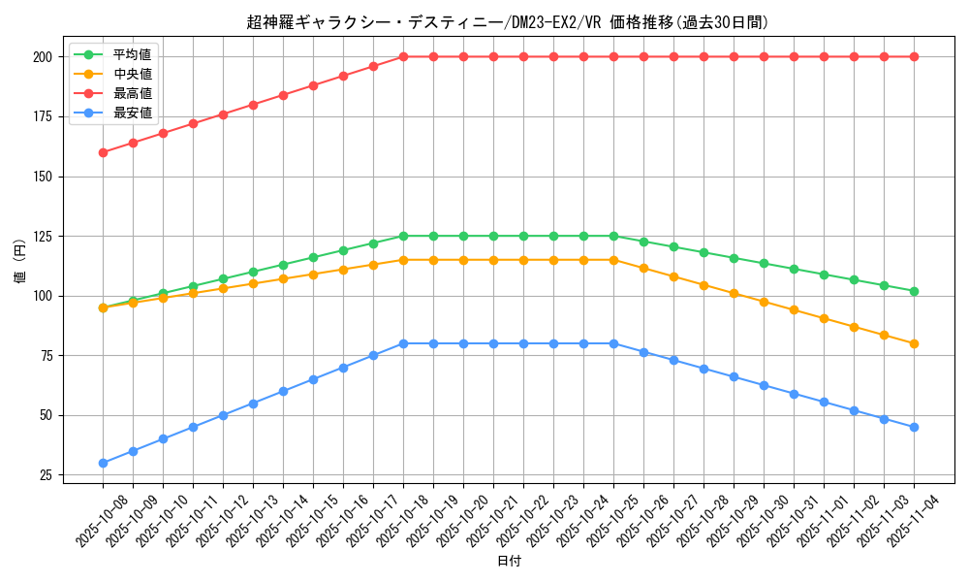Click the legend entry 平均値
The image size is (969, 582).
(x=133, y=54)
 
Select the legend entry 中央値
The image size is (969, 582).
(x=133, y=74)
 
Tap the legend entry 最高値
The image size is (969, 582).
(x=133, y=93)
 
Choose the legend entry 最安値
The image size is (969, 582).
(x=133, y=113)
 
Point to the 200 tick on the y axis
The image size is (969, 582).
(x=42, y=57)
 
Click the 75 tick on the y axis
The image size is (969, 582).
(x=46, y=356)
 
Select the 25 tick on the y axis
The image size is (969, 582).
(x=46, y=475)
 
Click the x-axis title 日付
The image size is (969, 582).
(x=509, y=562)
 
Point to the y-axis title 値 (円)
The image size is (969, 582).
(x=20, y=262)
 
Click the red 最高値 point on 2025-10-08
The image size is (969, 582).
(x=103, y=152)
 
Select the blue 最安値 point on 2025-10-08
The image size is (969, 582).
(x=103, y=463)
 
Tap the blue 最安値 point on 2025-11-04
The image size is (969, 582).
(x=914, y=427)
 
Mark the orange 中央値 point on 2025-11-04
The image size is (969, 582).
(x=914, y=343)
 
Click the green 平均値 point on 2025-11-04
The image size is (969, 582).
(x=914, y=291)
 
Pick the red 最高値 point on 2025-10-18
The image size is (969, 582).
(x=403, y=56)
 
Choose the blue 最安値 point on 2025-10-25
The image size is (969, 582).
(x=613, y=343)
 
